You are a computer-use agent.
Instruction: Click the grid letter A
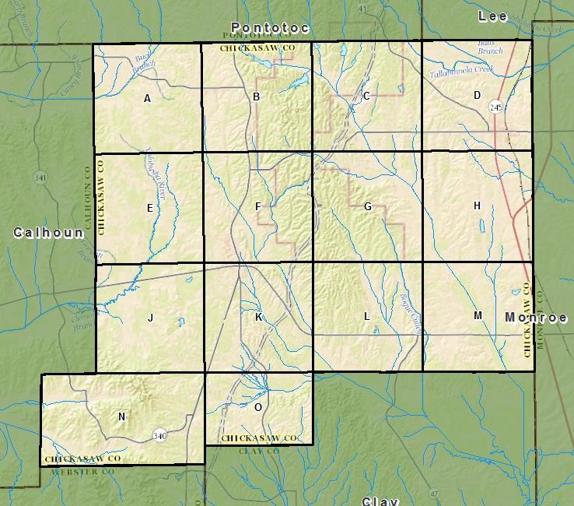coord(148,99)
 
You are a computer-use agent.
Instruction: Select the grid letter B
coord(257,97)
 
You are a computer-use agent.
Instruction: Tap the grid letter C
coord(366,97)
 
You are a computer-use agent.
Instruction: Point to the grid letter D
coord(477,96)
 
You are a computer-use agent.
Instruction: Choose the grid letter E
coord(149,209)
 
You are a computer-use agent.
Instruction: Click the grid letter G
coord(368,207)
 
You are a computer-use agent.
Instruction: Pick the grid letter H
coord(477,206)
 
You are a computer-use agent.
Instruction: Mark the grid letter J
coord(150,318)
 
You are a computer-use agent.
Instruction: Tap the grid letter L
coord(367,317)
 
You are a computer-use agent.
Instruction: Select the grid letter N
coord(121,417)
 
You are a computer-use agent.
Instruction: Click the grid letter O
coord(258,406)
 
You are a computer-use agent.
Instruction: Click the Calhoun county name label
coord(47,233)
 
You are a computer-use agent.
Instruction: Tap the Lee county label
coord(492,16)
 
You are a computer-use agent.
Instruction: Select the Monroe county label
coord(536,318)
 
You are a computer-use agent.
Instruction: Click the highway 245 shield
coord(495,107)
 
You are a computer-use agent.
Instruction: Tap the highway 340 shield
coord(159,434)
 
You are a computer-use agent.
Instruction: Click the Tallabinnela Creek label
coord(462,72)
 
